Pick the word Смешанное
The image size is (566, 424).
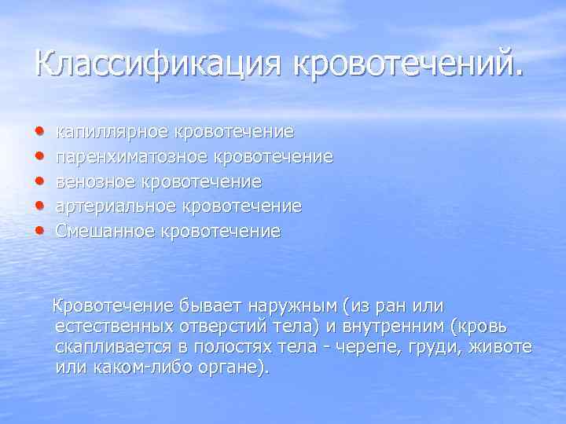pos(105,232)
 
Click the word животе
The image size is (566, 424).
pos(502,346)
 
